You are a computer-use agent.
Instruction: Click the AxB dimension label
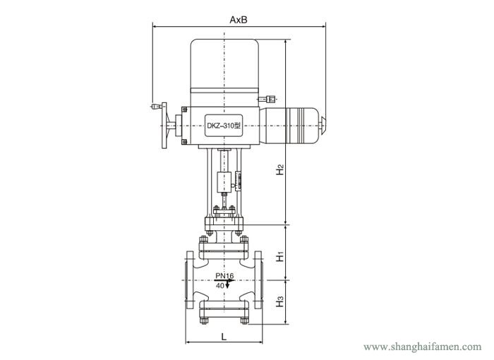tap(238, 20)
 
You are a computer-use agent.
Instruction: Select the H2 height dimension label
tap(280, 170)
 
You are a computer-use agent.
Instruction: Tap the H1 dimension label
tap(280, 256)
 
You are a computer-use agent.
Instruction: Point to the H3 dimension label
tap(280, 301)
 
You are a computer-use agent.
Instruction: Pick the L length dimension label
tap(223, 337)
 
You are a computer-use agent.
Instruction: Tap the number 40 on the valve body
tap(220, 285)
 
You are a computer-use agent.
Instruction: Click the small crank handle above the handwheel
tap(155, 107)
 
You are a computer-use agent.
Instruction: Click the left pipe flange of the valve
tap(188, 282)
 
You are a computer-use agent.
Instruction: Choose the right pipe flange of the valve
tap(260, 282)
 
